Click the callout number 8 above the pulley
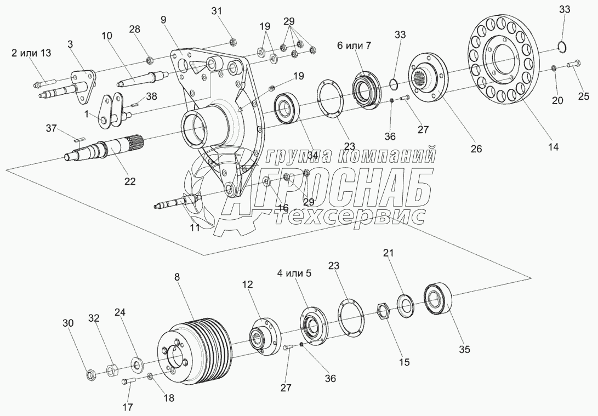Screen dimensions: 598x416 point(177,277)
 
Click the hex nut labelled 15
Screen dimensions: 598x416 point(384,312)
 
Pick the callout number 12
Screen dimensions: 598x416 point(248,284)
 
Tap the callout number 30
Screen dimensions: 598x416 point(67,323)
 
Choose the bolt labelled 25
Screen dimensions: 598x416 point(573,65)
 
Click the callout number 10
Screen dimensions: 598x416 point(106,36)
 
